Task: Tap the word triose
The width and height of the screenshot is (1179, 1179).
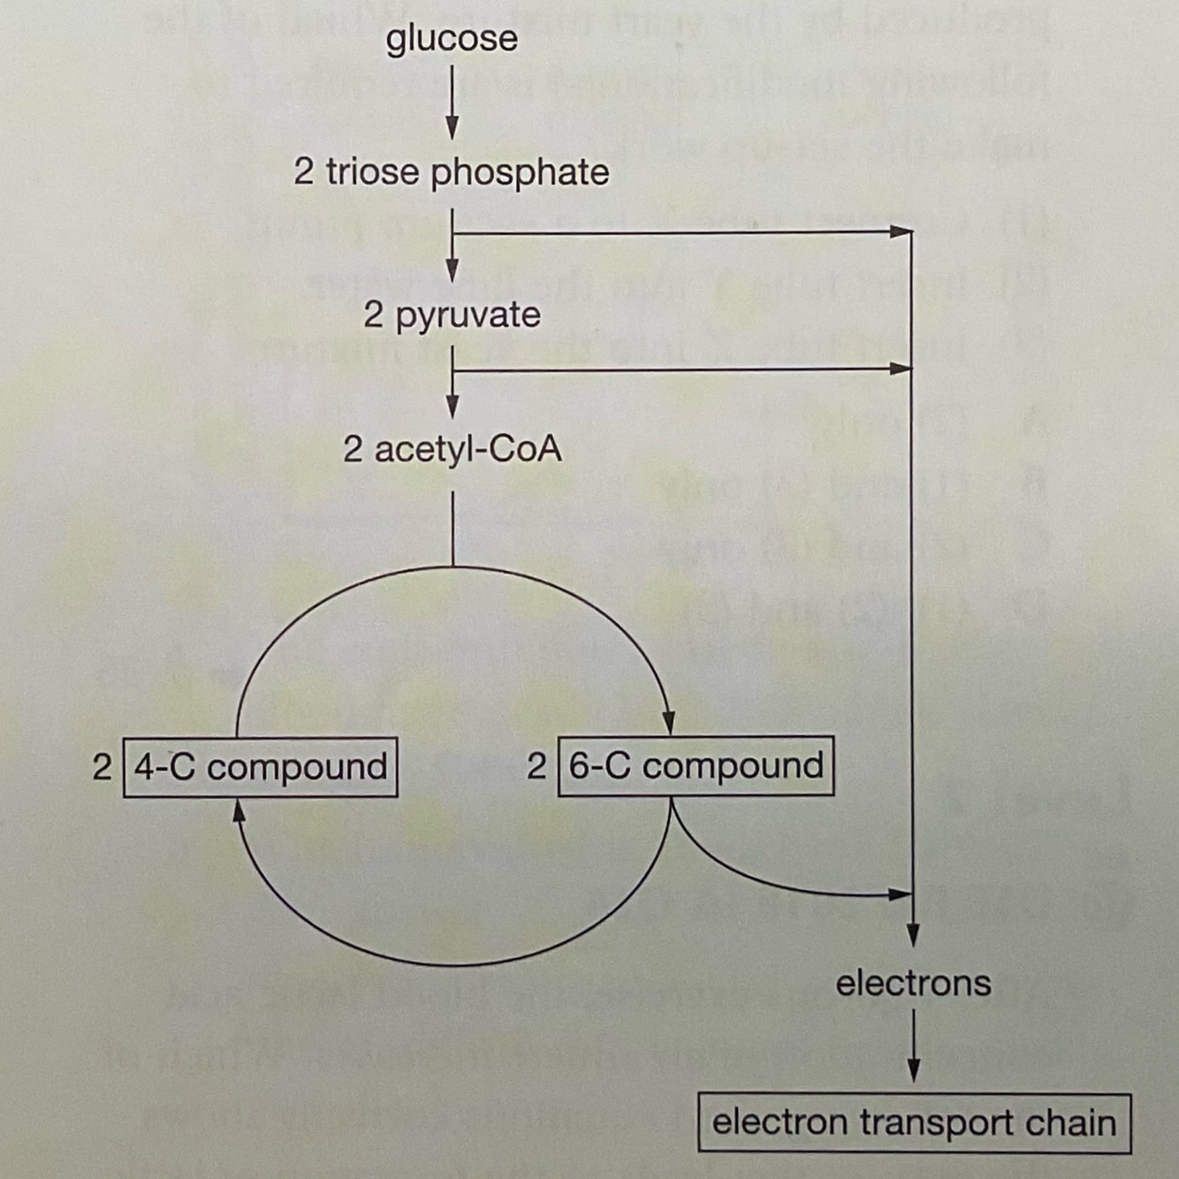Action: click(x=371, y=171)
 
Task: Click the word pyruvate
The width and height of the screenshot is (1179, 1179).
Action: click(x=468, y=316)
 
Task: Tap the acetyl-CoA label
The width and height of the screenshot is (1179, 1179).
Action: click(x=452, y=450)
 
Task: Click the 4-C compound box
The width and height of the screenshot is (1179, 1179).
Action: click(x=260, y=766)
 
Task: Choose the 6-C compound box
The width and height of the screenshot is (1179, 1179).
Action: click(x=696, y=765)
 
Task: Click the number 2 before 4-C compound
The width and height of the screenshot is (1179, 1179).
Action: click(x=102, y=766)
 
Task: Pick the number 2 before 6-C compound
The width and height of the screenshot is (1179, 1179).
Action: click(x=536, y=765)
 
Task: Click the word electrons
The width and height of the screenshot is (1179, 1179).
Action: click(x=913, y=983)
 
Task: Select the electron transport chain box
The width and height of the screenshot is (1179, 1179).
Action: click(x=914, y=1122)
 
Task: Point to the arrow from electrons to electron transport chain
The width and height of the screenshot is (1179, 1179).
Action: click(x=913, y=1046)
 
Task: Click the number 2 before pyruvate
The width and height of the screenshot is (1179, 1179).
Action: click(x=374, y=316)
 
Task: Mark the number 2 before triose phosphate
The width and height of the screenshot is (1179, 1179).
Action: click(x=303, y=171)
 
